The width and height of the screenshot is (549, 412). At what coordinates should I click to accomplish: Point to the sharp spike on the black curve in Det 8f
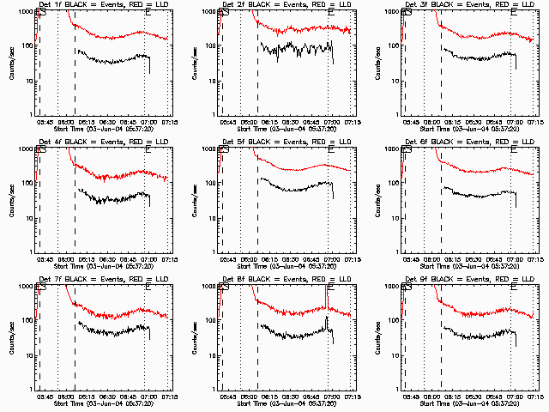(x=327, y=318)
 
